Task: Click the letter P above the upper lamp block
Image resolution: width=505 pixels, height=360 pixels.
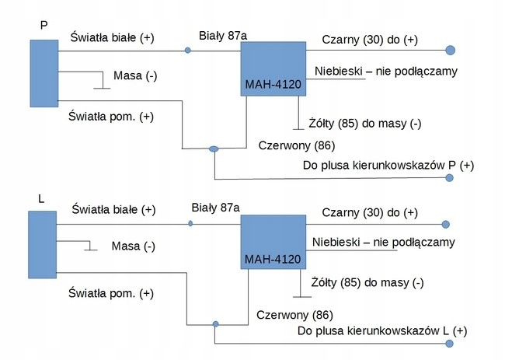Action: coord(44,26)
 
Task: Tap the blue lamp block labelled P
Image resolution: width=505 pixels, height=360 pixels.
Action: coord(44,73)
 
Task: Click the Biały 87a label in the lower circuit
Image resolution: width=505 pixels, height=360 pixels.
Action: coord(215,208)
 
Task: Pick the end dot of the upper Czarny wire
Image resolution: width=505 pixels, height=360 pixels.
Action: coord(450,51)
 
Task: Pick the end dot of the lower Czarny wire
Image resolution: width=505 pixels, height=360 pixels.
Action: coord(446,225)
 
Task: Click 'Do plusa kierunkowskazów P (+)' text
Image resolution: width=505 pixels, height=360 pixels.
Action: coord(386,166)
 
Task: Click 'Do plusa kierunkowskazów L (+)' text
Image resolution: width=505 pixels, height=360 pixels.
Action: coord(383,332)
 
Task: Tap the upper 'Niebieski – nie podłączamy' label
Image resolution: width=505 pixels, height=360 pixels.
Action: coord(385,72)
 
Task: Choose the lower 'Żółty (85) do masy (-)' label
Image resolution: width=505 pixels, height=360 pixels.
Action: coord(367,281)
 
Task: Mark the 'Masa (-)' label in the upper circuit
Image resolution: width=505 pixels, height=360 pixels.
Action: coord(135,75)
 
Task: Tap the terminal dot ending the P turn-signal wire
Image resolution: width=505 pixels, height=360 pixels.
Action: coord(449,178)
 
